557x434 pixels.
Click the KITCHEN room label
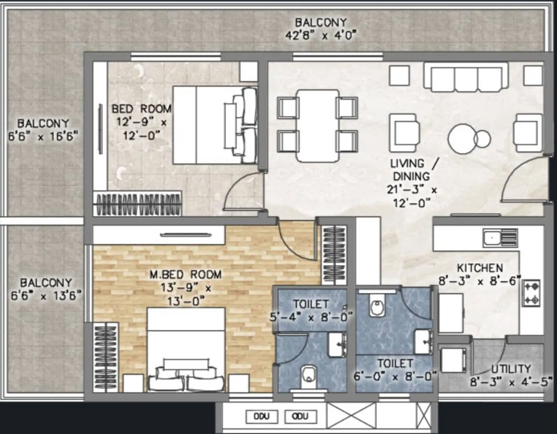pos(479,268)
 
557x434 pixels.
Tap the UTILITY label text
pos(510,368)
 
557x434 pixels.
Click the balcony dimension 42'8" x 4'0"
pos(321,35)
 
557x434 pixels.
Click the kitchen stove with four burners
pos(532,293)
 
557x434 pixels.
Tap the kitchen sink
pos(501,237)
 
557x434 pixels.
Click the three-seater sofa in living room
pos(466,77)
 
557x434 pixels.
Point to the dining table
pos(317,125)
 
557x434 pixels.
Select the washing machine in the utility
pos(453,361)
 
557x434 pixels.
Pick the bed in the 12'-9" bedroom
pos(214,124)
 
